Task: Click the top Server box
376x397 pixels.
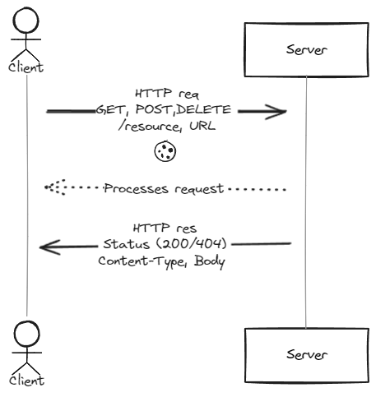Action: click(x=305, y=50)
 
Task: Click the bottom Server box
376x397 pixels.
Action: click(x=305, y=354)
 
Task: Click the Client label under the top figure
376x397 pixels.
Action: click(x=26, y=67)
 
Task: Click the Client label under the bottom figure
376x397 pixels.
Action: click(x=26, y=380)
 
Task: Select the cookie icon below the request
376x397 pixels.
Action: click(x=166, y=150)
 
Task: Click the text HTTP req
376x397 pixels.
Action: click(x=165, y=94)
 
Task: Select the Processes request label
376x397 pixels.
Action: click(x=164, y=188)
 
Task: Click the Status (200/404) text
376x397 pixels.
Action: click(x=165, y=244)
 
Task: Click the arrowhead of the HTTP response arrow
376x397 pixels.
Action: click(x=46, y=246)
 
